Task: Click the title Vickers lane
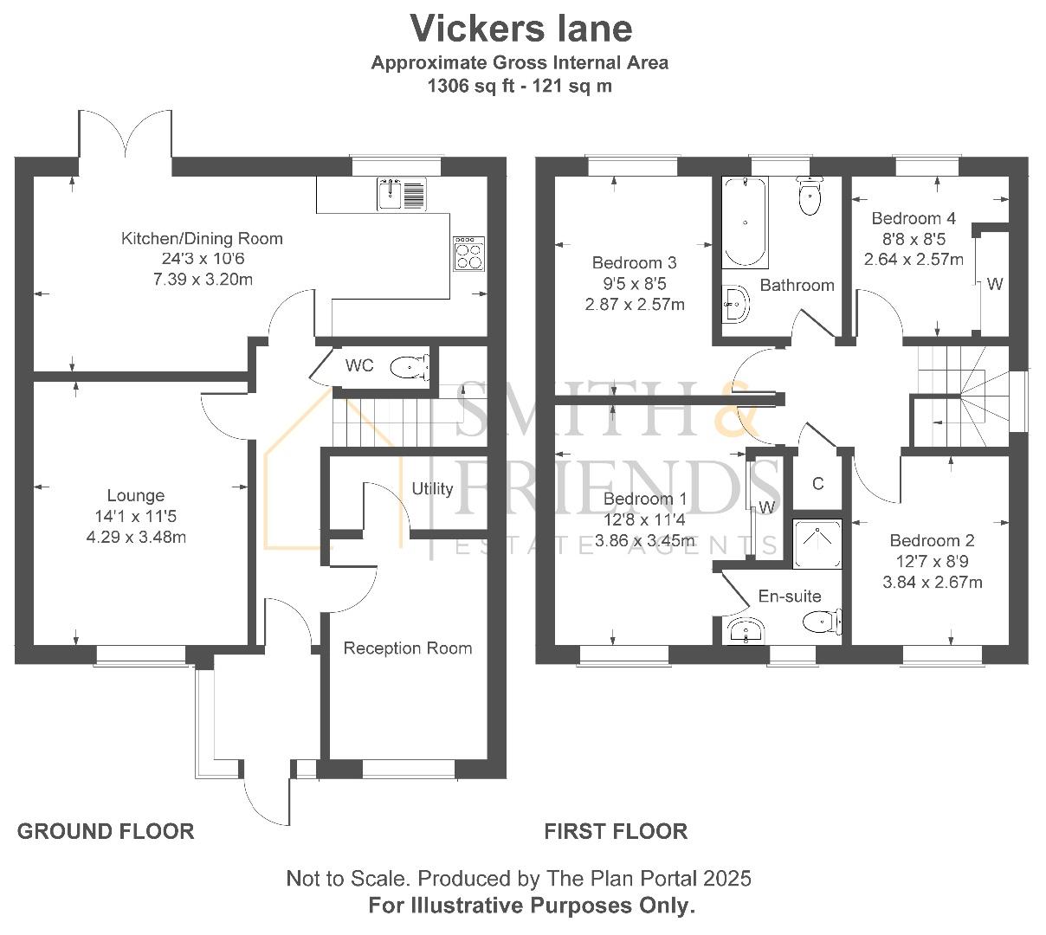point(520,29)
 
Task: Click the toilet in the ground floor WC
point(410,367)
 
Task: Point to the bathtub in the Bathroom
point(745,222)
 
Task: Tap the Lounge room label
point(135,495)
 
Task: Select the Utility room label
point(432,489)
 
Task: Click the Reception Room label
point(408,648)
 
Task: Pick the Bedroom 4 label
point(914,218)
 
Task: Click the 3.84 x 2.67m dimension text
point(933,583)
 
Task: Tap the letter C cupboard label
point(818,484)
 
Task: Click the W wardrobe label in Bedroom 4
point(995,284)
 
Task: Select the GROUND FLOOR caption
point(106,832)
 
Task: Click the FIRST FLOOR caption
point(616,832)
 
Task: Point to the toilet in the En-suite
point(822,622)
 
